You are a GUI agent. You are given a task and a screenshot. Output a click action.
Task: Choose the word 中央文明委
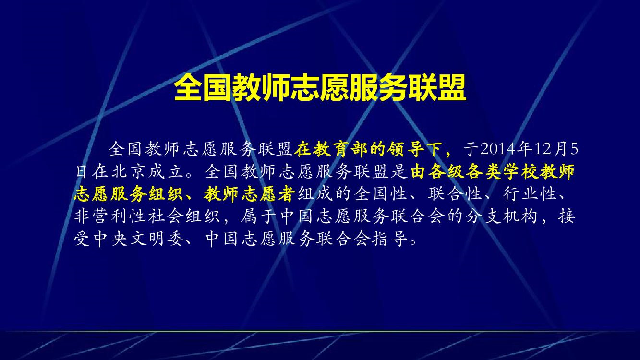(129, 239)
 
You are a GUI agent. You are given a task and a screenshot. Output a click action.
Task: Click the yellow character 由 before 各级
(420, 172)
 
